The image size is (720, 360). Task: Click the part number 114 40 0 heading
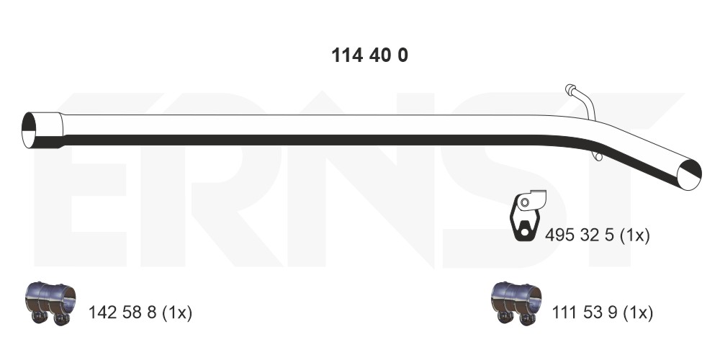click(369, 55)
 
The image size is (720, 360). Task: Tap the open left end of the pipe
click(29, 130)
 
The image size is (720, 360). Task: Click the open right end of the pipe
click(690, 174)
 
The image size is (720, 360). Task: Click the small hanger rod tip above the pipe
click(570, 89)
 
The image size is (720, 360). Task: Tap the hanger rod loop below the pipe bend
click(597, 156)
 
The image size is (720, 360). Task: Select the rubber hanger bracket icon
click(528, 215)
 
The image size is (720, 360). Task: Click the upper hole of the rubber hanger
click(525, 202)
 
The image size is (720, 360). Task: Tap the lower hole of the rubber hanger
click(524, 233)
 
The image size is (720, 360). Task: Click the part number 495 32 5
click(580, 236)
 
